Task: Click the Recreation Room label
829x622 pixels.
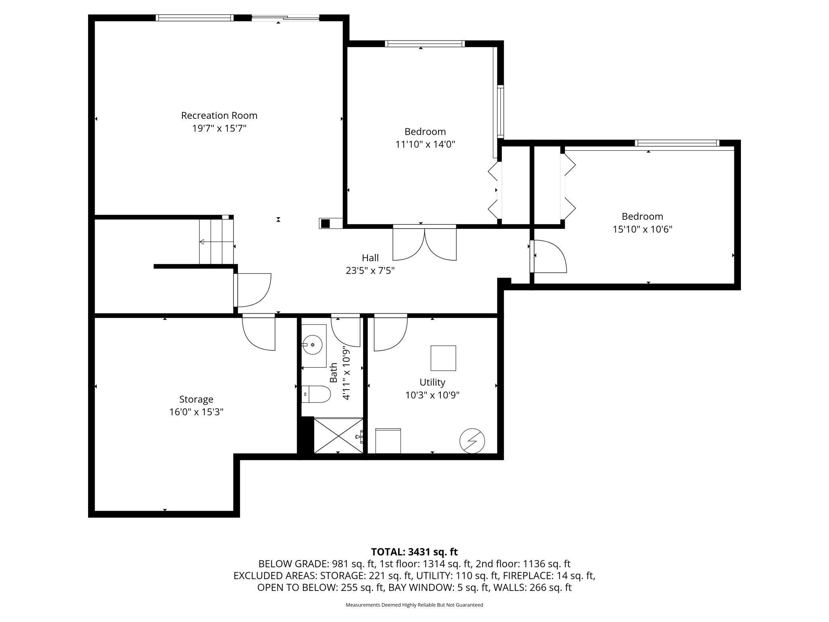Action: (219, 116)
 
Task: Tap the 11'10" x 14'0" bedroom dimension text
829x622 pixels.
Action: (425, 144)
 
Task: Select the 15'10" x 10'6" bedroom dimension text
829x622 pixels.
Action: (642, 229)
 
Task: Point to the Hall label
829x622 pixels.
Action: (370, 258)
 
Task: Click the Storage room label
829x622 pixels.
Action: (196, 399)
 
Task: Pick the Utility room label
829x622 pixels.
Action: (432, 382)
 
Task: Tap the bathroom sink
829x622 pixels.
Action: (312, 345)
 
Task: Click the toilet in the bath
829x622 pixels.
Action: (316, 394)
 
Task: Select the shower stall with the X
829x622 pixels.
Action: (338, 435)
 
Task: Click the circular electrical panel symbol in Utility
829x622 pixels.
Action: (472, 441)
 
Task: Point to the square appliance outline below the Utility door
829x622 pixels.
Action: (443, 358)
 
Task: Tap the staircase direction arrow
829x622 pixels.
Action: (216, 242)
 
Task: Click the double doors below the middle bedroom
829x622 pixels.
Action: (425, 243)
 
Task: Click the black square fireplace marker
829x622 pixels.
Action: (326, 224)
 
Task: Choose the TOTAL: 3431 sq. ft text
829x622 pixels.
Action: (414, 552)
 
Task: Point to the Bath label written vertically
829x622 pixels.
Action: (334, 372)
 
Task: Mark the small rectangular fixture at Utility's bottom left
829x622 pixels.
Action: (388, 441)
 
